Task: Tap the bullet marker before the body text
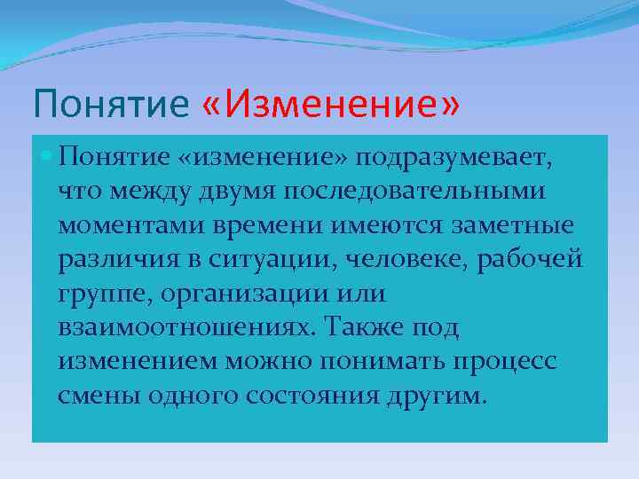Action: [45, 158]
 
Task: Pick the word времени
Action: [268, 225]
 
